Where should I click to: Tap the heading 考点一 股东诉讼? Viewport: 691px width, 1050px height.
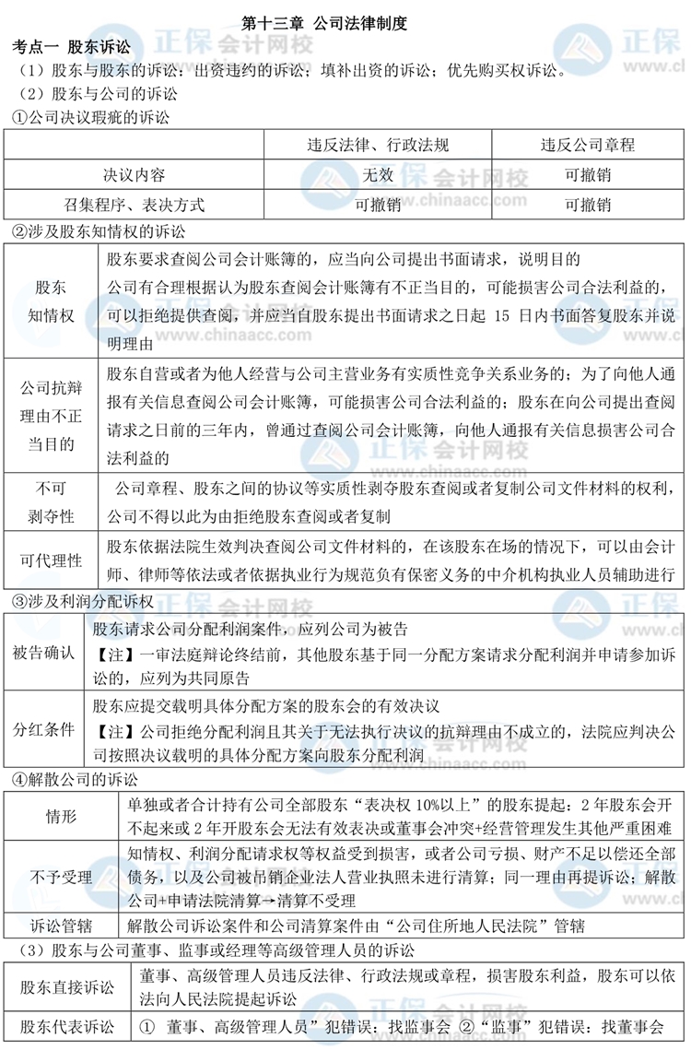pos(70,45)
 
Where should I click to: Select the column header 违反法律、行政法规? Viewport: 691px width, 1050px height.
pos(378,145)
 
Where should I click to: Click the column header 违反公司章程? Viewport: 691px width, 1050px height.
pos(587,145)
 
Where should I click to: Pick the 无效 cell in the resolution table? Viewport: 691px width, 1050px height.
pos(378,174)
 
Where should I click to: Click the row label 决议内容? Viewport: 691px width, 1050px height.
pos(135,174)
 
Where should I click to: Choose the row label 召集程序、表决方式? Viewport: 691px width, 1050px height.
pos(135,204)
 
